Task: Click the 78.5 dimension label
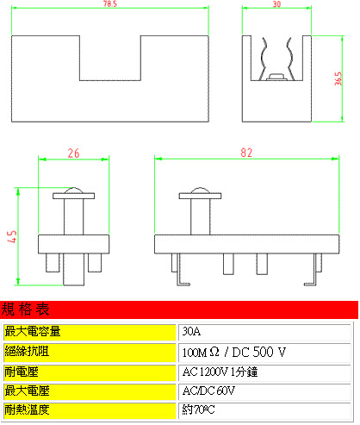click(x=110, y=3)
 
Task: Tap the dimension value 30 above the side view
click(x=276, y=4)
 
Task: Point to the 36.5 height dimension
click(x=338, y=78)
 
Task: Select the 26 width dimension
click(x=73, y=153)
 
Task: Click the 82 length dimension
click(x=246, y=153)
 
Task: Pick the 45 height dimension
click(x=13, y=237)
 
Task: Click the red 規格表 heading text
click(x=25, y=309)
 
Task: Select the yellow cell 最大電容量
click(x=90, y=332)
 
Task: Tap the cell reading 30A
click(x=264, y=332)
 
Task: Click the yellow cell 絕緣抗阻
click(x=90, y=352)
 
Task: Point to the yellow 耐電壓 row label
click(x=90, y=372)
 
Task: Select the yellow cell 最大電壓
click(x=90, y=391)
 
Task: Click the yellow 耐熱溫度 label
click(x=90, y=410)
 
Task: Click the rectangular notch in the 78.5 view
click(x=110, y=58)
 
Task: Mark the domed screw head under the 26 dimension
click(x=73, y=191)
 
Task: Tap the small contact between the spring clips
click(x=276, y=77)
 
